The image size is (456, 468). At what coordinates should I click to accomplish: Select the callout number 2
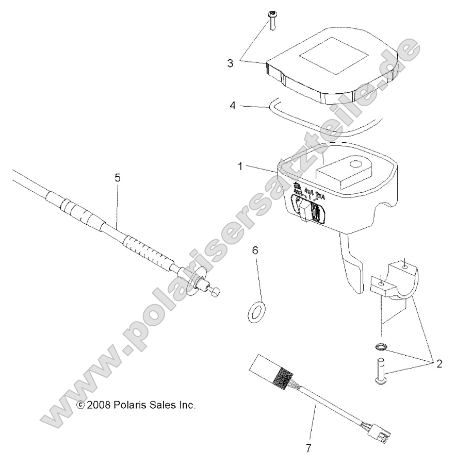(x=439, y=363)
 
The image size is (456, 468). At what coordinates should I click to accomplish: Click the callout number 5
(x=118, y=177)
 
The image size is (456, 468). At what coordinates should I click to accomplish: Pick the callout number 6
(x=255, y=251)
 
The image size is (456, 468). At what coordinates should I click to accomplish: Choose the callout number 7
(x=308, y=448)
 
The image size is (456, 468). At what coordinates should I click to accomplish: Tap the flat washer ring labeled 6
(x=255, y=312)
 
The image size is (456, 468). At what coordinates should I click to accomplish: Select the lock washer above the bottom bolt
(x=380, y=346)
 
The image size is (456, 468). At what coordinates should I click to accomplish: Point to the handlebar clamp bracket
(x=395, y=281)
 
